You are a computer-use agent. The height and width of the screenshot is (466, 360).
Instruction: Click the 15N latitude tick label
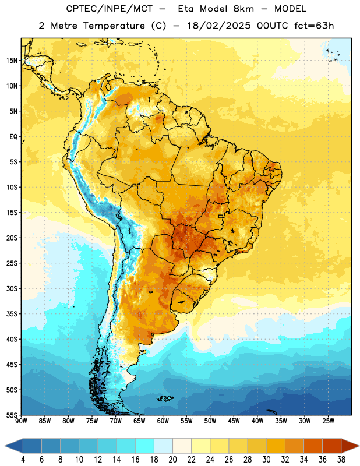pos(12,61)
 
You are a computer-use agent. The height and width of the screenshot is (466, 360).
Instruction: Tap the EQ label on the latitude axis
pos(13,137)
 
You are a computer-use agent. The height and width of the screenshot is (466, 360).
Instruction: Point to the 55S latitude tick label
pos(12,415)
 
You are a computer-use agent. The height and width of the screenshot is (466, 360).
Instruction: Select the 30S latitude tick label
pos(12,288)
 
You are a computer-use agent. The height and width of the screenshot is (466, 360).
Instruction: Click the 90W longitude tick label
pos(21,421)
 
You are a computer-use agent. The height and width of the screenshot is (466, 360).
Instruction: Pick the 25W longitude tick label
pos(328,421)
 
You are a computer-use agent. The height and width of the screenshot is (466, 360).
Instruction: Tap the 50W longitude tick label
pos(210,421)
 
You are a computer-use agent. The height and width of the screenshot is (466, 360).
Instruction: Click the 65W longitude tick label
pos(139,421)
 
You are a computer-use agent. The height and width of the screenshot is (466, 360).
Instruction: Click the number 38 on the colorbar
pos(341,460)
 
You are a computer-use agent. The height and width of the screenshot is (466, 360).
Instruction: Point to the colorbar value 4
pos(23,460)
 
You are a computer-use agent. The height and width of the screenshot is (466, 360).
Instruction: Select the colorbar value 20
pos(172,460)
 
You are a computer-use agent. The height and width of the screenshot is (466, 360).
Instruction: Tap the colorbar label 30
pos(266,460)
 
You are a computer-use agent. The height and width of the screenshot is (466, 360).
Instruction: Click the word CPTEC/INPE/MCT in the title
pos(109,9)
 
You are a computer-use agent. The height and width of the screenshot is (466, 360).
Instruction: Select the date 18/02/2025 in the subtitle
pos(219,26)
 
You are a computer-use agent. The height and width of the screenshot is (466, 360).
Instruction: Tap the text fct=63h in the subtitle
pos(314,26)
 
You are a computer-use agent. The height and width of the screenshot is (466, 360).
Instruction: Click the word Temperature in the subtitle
pos(114,26)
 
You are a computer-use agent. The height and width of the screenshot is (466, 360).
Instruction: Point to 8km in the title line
pos(243,9)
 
